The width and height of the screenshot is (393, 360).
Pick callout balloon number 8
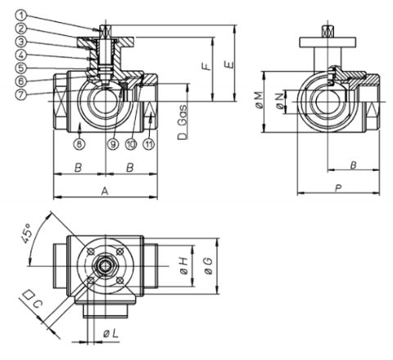[x=79, y=144]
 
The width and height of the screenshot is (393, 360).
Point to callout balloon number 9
[x=113, y=144]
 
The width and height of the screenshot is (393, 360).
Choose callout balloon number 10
[x=131, y=144]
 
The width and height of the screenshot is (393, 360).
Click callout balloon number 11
[x=149, y=144]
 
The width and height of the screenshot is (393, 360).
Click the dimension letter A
[x=105, y=191]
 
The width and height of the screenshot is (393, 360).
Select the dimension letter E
[x=231, y=65]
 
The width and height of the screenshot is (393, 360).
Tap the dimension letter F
[x=208, y=66]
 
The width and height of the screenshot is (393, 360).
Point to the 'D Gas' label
[x=183, y=122]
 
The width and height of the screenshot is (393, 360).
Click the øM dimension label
[x=260, y=100]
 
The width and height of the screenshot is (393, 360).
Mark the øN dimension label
[x=280, y=101]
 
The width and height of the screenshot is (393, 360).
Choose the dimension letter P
[x=338, y=187]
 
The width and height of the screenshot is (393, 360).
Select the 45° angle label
[x=26, y=233]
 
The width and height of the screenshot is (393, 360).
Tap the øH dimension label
[x=184, y=266]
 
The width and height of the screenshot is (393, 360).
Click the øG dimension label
[x=209, y=266]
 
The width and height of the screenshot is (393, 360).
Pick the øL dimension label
[x=111, y=333]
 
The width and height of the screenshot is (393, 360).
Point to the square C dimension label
[x=33, y=299]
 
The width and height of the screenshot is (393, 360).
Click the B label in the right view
[x=353, y=164]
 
